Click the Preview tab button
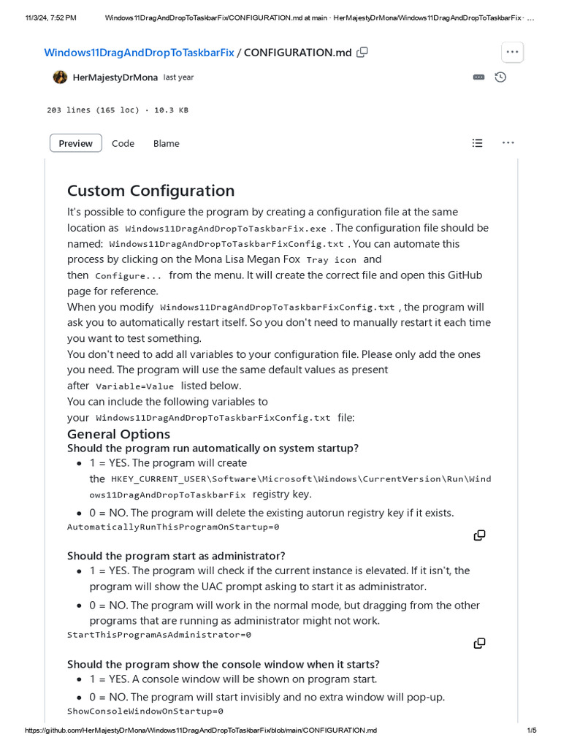(75, 143)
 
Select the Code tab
(123, 143)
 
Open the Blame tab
(166, 143)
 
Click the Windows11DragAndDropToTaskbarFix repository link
(139, 53)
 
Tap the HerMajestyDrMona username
(115, 77)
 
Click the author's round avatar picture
(60, 77)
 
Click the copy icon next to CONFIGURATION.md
(362, 52)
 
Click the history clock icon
(500, 77)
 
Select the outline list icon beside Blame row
(477, 143)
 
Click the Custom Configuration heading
(150, 191)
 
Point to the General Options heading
(118, 434)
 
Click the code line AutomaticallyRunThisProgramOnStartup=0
(173, 527)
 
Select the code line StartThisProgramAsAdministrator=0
(159, 635)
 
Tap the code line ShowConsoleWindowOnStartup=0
(145, 711)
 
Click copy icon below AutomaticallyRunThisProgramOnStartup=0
(479, 535)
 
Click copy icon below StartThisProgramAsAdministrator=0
(479, 644)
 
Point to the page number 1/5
(531, 730)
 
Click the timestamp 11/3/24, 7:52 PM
(50, 18)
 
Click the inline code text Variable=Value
(135, 386)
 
